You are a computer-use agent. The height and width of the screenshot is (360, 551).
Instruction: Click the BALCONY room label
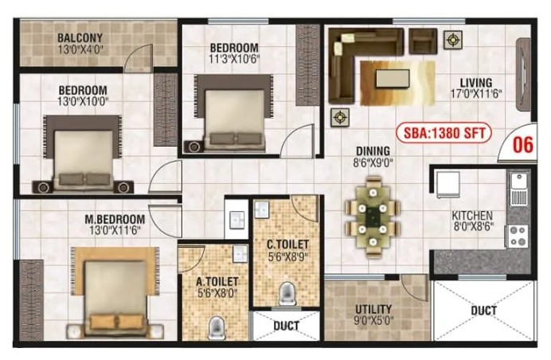[80, 37]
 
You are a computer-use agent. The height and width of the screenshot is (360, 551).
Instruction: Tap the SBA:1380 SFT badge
[444, 133]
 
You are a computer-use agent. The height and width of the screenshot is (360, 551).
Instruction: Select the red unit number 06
[523, 144]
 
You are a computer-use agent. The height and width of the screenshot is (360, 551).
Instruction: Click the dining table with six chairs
[373, 217]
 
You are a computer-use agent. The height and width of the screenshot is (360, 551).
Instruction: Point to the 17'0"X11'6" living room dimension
[476, 94]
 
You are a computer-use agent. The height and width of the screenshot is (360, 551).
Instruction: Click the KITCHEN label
[471, 216]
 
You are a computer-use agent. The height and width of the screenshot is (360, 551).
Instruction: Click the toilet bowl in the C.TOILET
[287, 294]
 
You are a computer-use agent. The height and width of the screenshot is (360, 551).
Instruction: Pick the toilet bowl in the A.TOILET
[216, 327]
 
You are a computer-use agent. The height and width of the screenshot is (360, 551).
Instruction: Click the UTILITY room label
[373, 309]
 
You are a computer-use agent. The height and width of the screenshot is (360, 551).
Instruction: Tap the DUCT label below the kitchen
[483, 311]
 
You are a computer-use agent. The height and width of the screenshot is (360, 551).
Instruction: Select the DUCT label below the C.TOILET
[286, 326]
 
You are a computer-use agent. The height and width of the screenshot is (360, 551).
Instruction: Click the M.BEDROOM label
[115, 219]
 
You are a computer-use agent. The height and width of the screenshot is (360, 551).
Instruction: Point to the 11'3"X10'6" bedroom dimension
[233, 58]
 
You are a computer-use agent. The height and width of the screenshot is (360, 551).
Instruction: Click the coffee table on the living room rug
[393, 78]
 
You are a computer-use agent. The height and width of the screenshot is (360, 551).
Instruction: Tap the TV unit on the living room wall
[523, 75]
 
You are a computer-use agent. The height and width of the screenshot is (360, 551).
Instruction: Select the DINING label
[373, 151]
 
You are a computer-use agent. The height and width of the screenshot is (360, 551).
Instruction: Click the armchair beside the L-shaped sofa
[423, 41]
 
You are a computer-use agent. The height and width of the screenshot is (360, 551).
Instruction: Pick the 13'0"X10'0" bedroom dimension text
[83, 102]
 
